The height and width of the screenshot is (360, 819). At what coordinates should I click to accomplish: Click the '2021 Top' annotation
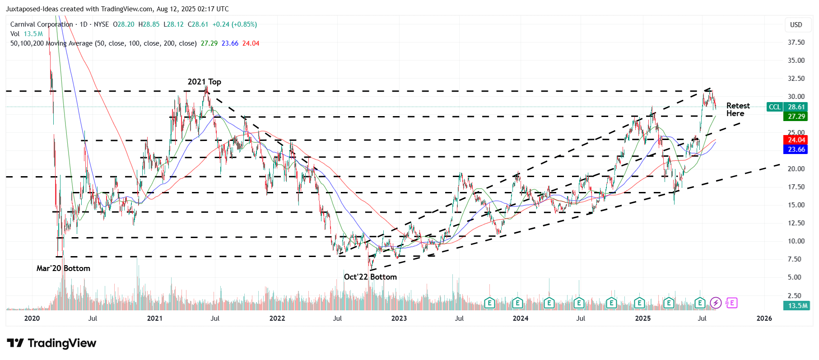coord(204,82)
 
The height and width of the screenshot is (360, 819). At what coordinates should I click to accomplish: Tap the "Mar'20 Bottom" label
coord(63,268)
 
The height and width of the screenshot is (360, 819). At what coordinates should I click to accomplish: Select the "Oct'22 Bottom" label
coord(370,277)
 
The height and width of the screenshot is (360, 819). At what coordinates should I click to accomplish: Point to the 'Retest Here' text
coord(738,109)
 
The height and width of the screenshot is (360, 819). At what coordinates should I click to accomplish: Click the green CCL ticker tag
coord(774,107)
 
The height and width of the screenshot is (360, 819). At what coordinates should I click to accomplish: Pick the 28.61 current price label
coord(796,107)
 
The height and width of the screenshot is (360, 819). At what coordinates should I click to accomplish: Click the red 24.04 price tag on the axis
coord(796,140)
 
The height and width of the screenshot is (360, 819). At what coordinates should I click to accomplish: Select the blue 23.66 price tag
coord(796,150)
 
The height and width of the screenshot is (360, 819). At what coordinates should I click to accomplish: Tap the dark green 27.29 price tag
coord(796,117)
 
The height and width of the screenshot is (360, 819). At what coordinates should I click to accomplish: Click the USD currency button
coord(796,25)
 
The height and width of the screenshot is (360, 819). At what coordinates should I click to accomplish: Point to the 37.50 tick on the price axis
coord(796,42)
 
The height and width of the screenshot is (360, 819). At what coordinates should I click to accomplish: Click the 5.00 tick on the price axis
coord(796,277)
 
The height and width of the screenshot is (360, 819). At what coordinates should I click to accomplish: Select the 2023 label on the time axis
coord(399,318)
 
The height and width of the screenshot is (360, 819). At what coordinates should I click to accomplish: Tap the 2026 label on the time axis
coord(764,318)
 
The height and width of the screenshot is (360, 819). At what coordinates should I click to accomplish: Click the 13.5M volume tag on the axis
coord(797,306)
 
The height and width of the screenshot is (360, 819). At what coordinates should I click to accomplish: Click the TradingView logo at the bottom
coord(51,343)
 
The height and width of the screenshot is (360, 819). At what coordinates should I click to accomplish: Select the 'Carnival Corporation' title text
coord(42,24)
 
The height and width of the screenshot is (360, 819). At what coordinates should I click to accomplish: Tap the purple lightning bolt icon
coord(716,303)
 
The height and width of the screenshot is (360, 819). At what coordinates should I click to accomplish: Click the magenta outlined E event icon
coord(732,303)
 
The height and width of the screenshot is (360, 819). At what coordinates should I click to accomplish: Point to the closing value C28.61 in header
coord(198,24)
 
